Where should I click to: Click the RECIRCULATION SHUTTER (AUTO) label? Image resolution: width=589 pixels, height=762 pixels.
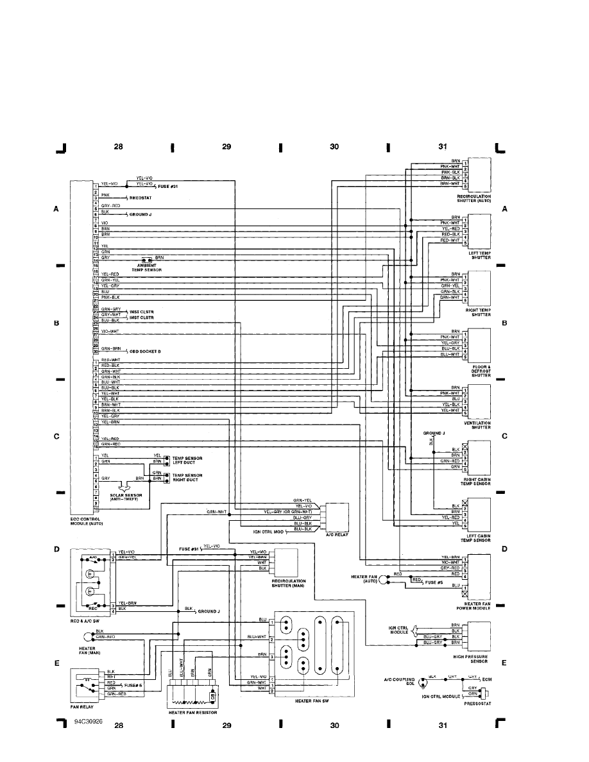[x=474, y=198]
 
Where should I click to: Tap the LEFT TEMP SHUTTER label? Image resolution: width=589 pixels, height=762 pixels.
[x=480, y=255]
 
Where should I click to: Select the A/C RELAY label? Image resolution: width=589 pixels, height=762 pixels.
[x=336, y=534]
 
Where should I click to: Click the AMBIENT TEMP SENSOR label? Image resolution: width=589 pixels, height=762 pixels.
[x=146, y=268]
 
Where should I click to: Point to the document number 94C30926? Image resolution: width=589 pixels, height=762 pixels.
[x=87, y=722]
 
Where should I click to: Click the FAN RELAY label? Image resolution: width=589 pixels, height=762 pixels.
[x=82, y=707]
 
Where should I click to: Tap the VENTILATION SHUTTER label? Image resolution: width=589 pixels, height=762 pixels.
[x=479, y=425]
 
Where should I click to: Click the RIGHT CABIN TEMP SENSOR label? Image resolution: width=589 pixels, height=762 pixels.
[x=477, y=481]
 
